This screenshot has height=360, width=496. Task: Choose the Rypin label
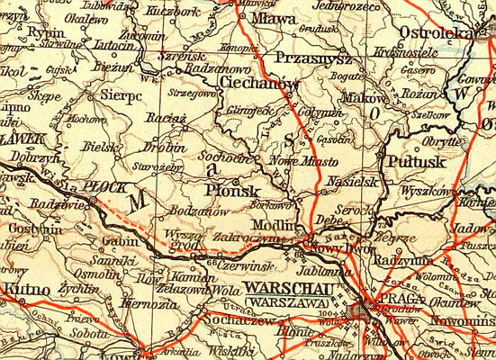[x=24, y=30]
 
